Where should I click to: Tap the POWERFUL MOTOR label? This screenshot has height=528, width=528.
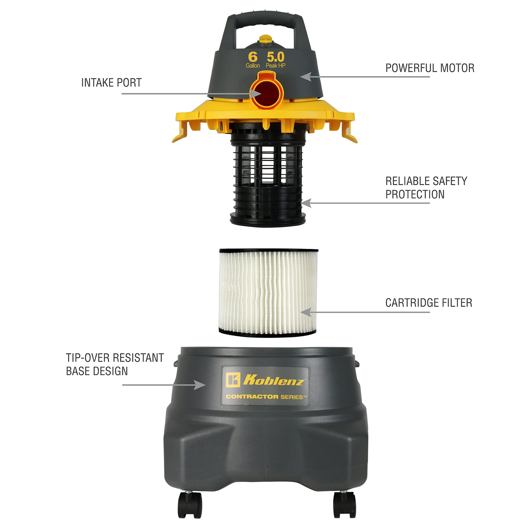coord(430,68)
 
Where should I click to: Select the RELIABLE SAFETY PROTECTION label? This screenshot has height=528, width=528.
coord(426,188)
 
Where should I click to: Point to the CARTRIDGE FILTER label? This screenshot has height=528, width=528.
coord(429,303)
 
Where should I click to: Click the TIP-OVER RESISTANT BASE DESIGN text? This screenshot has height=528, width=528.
coord(115,364)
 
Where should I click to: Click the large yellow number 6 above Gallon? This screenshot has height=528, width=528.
coord(252,57)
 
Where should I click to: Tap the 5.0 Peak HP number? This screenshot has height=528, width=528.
coord(276,57)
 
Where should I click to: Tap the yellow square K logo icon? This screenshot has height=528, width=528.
coord(233,380)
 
